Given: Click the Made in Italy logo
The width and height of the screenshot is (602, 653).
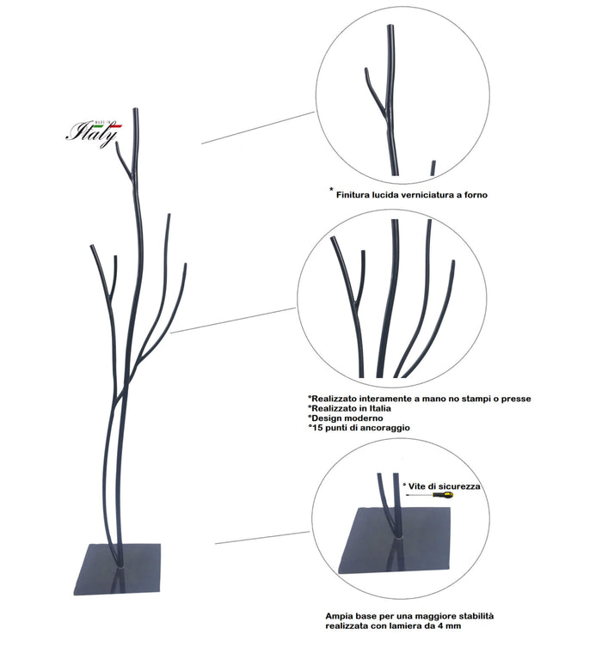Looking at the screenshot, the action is click(x=94, y=132).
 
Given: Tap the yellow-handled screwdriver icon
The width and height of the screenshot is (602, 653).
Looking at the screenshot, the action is click(x=430, y=495).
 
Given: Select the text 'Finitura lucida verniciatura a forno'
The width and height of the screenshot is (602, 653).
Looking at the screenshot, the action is click(x=411, y=194).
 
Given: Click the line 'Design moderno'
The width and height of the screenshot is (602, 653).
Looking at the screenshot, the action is click(x=345, y=418).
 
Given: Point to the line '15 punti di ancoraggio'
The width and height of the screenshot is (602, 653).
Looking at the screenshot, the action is click(x=359, y=428).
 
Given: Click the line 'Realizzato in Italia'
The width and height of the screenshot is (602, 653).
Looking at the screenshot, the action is click(x=349, y=408).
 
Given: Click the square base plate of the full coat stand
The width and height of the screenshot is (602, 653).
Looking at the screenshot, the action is click(x=118, y=569).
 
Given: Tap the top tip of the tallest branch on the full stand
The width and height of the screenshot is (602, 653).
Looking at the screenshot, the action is click(x=136, y=109).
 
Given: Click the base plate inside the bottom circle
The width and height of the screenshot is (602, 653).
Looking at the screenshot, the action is click(x=398, y=540).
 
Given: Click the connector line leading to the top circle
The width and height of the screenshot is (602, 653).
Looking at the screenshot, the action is click(x=258, y=127).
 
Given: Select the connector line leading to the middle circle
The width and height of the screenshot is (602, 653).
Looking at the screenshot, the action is click(x=233, y=320).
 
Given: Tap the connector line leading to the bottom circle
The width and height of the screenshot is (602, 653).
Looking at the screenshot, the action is click(x=262, y=537).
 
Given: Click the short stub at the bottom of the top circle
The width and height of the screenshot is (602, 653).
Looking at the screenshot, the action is click(x=433, y=168).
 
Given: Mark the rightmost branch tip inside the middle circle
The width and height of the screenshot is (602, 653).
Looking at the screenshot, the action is click(x=453, y=261).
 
